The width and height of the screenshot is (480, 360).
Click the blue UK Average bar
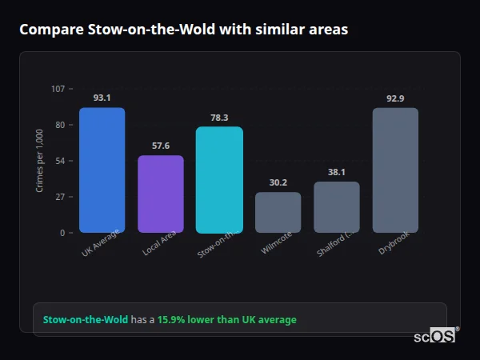(102, 170)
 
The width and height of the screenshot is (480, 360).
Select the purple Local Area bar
(161, 194)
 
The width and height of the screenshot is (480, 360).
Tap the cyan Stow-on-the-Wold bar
(219, 180)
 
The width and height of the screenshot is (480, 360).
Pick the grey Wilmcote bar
(278, 213)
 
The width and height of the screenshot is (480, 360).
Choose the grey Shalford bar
(337, 207)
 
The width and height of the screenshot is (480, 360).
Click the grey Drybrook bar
(395, 170)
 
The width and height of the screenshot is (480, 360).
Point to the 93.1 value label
(102, 98)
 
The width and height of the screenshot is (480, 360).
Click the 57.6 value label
(161, 146)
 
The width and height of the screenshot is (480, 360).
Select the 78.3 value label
(219, 118)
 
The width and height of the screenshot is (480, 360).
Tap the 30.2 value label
(278, 182)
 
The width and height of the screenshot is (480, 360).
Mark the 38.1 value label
(337, 172)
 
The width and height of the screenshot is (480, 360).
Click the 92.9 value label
(395, 98)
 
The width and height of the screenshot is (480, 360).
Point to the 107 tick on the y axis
(58, 88)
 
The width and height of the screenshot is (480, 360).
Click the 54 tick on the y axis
(60, 161)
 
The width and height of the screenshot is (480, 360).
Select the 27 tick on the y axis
(60, 197)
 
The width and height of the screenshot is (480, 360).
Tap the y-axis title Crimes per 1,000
(39, 161)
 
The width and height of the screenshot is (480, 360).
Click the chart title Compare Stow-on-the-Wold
(183, 30)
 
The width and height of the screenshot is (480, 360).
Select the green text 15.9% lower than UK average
(226, 319)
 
